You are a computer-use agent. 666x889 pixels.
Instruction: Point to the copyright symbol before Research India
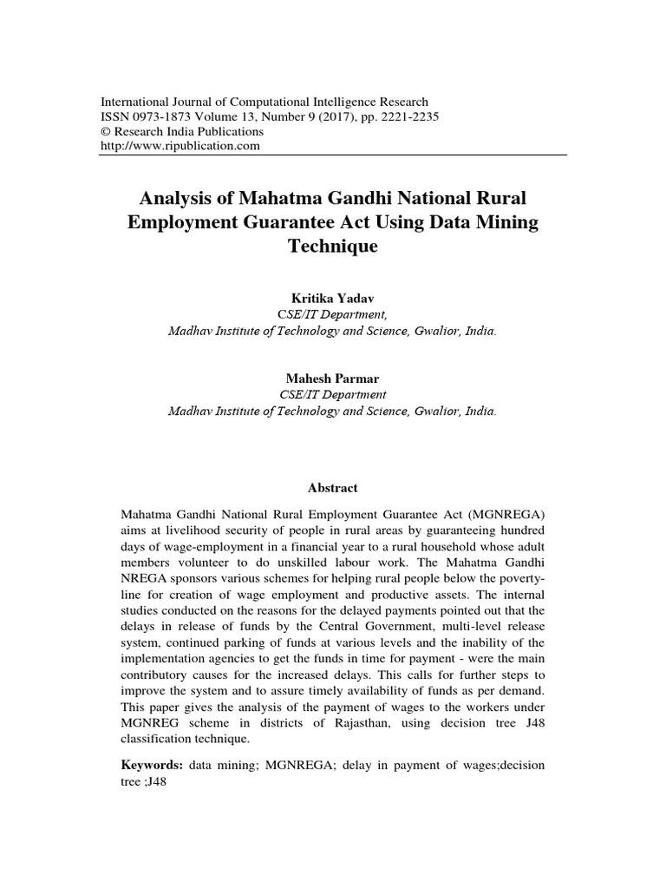108,131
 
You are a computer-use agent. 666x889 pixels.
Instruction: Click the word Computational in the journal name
284,102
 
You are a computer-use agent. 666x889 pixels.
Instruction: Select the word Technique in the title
333,246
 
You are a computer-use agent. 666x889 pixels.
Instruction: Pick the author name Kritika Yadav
333,298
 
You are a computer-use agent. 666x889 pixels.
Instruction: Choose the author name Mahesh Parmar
333,379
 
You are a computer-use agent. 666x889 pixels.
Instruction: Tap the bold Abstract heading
333,488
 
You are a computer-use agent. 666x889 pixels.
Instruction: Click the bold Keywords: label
150,765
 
